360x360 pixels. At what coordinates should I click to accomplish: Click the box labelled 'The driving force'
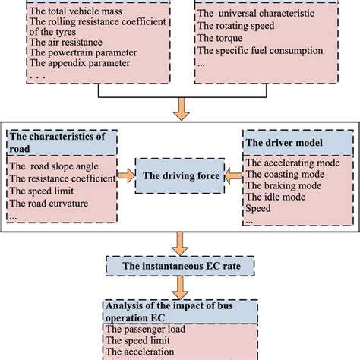coord(179,176)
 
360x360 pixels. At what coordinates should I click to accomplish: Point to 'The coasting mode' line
coord(283,172)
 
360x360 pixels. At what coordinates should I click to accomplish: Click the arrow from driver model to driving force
coord(232,176)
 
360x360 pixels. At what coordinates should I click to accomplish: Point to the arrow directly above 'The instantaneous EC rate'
coord(180,242)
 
